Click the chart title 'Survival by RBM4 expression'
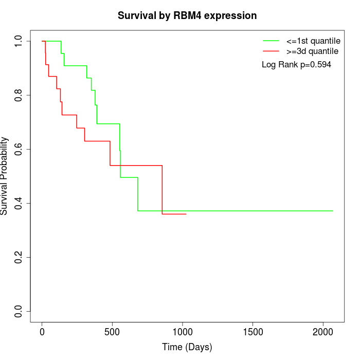[x=187, y=15]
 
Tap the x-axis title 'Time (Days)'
[x=187, y=347]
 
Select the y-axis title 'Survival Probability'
[x=5, y=176]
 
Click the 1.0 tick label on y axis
[x=19, y=41]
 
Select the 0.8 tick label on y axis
[x=19, y=95]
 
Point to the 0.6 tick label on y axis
[x=19, y=149]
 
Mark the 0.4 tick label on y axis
[x=19, y=203]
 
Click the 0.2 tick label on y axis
[x=19, y=257]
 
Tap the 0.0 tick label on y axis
[x=19, y=311]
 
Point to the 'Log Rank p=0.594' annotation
[x=296, y=64]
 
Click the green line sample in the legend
[x=271, y=40]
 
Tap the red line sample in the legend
[x=271, y=51]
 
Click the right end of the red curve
[x=186, y=214]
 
